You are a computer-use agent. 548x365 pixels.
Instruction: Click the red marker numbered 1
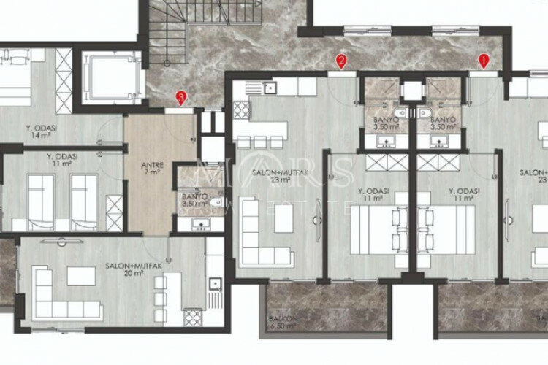point(483,60)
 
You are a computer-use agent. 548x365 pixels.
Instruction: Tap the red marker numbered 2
point(340,60)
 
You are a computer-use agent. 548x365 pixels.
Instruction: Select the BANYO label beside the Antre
point(195,197)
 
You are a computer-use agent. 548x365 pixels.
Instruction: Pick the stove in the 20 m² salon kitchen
point(192,317)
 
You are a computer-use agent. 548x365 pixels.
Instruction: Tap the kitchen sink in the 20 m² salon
point(213,285)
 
